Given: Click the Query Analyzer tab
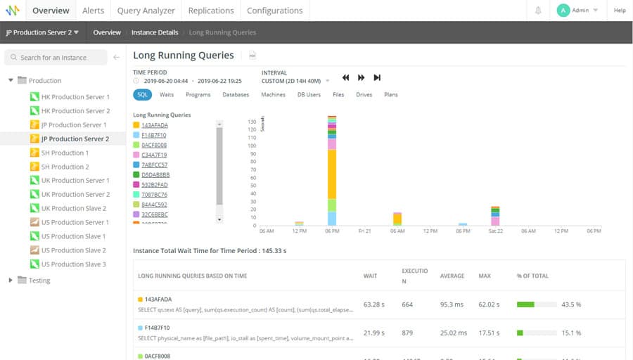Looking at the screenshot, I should point(146,11).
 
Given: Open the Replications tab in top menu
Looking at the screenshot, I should point(211,11).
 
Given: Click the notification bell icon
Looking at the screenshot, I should point(538,11).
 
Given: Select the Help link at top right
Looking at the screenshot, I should point(620,11).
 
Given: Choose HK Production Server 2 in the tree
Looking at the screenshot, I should point(75,111).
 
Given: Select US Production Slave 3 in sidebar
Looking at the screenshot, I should point(73,264).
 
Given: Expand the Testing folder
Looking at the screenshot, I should point(11,281).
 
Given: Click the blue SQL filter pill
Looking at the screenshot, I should point(143,94).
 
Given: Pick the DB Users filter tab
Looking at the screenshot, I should point(309,94).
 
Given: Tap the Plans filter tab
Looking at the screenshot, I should point(390,94).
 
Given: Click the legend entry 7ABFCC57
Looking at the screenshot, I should point(154,165).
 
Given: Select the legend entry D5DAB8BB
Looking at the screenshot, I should point(155,175).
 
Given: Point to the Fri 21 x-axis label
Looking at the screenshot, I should point(364,231).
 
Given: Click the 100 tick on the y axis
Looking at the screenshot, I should point(252,146).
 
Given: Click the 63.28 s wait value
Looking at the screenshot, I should point(372,304).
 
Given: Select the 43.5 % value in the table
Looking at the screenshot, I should point(570,304).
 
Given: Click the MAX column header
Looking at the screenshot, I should point(485,276).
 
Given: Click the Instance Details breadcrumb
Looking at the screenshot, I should point(155,32).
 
